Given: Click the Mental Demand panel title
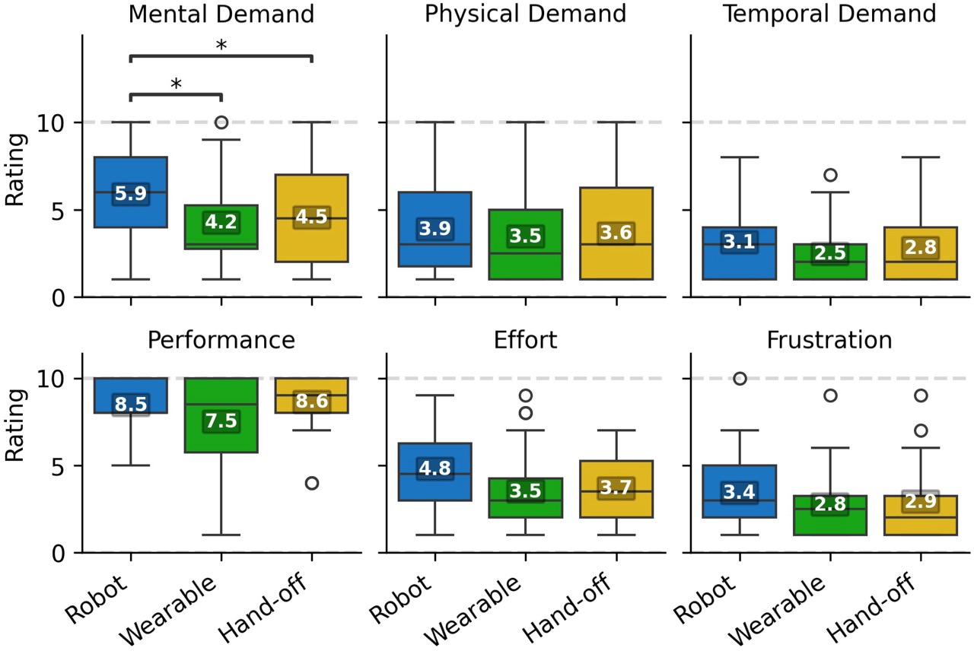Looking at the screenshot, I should (221, 14).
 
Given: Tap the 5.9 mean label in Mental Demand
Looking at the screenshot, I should (131, 194).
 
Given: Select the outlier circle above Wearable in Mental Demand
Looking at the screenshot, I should (221, 122).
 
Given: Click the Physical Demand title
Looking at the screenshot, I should (525, 14).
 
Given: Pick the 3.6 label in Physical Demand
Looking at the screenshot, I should (615, 233).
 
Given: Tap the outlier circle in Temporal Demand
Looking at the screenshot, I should (829, 175).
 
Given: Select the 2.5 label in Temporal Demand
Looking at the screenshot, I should (829, 253).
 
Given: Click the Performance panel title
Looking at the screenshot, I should (221, 339).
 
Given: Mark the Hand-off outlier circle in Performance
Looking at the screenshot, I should (312, 483).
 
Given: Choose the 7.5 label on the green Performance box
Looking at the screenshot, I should (221, 422).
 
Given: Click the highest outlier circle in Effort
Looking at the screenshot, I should (525, 395).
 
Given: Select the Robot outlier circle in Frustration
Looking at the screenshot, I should (740, 379).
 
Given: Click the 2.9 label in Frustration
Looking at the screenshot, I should (919, 501).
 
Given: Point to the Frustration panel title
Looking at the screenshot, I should (829, 339).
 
